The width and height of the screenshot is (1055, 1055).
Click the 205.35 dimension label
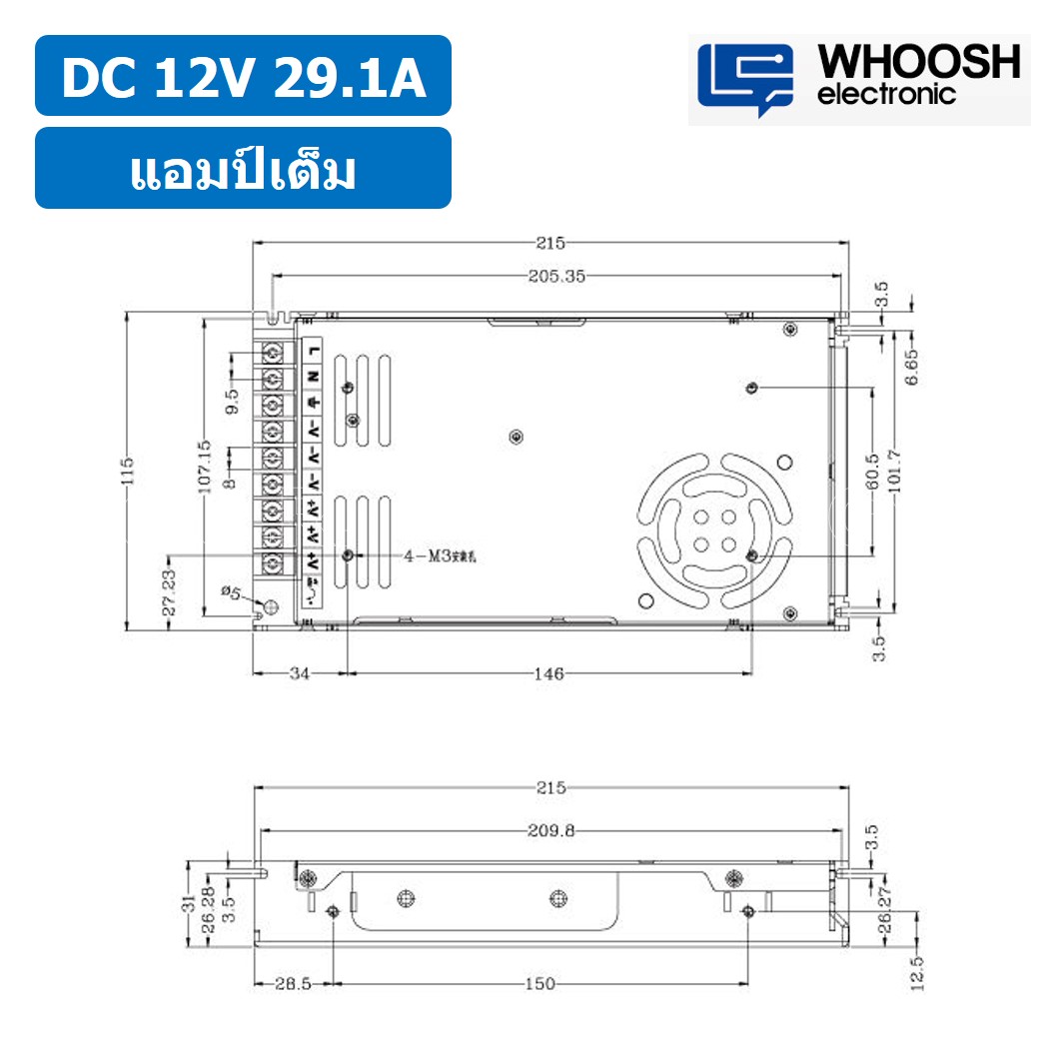pos(555,277)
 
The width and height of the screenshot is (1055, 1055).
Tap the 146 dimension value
pos(548,674)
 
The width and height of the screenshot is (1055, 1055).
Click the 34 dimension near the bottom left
pos(299,674)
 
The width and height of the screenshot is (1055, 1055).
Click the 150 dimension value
pos(539,984)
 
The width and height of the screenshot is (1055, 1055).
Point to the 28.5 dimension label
pos(293,984)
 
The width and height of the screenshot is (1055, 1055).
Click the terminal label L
pos(314,350)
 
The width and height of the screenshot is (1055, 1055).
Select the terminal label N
pos(314,377)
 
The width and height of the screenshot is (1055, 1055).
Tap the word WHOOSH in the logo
pos(919,62)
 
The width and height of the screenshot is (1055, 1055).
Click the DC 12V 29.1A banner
pos(243,77)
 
